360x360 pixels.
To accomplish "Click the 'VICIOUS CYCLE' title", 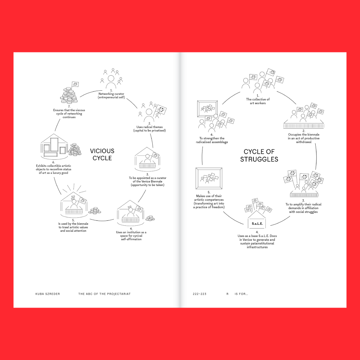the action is point(102,155).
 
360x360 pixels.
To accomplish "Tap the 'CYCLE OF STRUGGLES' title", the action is point(259,155).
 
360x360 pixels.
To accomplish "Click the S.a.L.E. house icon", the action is point(257,220).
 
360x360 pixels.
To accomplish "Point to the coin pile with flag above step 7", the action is point(69,93).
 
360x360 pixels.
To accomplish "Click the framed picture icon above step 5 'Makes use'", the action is point(209,178).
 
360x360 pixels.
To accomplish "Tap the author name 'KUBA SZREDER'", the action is point(47,294).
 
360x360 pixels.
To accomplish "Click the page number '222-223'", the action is point(200,294).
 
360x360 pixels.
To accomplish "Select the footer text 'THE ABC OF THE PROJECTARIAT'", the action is point(104,294).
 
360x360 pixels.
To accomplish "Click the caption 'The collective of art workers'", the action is point(258,101).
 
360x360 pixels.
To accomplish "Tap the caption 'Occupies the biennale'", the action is point(303,138).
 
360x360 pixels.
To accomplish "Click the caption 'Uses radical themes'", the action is point(149,129).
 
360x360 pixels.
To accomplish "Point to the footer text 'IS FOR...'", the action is point(241,294).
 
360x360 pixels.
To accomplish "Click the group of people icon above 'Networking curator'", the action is point(111,78).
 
